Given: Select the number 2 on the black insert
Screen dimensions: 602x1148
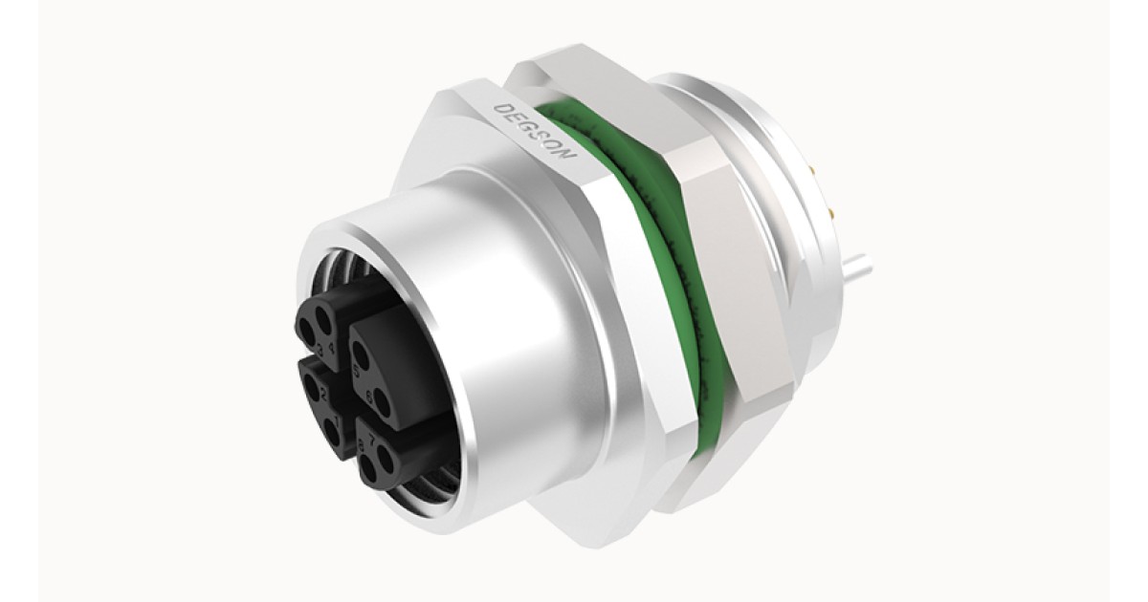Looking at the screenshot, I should (x=323, y=395).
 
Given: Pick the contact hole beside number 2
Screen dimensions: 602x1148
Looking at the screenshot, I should (x=310, y=386).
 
